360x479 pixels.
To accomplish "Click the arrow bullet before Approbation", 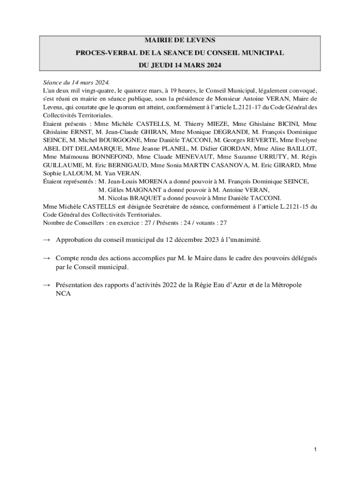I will point(46,240).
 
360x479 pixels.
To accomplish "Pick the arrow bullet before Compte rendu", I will point(46,258).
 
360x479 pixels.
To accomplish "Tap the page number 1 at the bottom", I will point(316,450).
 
